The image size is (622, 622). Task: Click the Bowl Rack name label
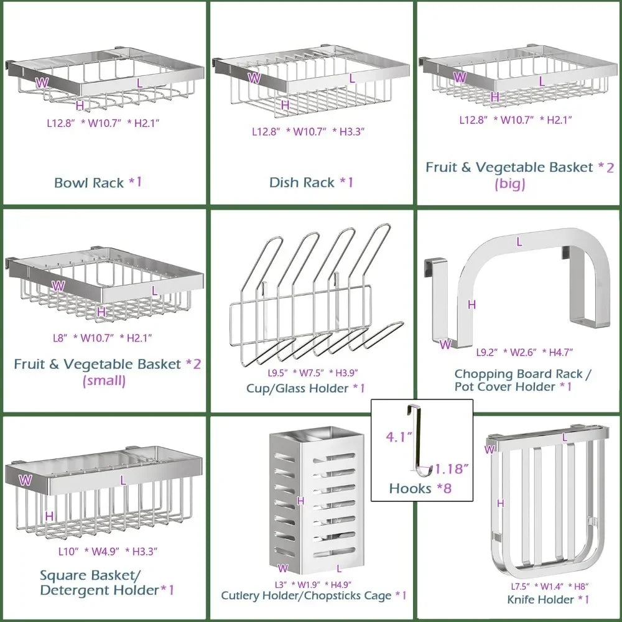(x=98, y=182)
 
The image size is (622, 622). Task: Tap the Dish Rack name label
(x=311, y=182)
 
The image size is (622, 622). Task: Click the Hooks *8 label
(x=420, y=488)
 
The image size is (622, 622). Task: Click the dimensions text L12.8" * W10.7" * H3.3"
(x=307, y=131)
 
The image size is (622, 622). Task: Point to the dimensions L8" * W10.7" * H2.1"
(x=102, y=337)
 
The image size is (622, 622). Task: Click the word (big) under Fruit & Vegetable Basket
(x=510, y=183)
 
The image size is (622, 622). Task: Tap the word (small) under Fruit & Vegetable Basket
(x=104, y=380)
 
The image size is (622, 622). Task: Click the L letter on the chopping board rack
(x=519, y=242)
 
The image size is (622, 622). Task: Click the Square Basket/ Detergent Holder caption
(x=107, y=582)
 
